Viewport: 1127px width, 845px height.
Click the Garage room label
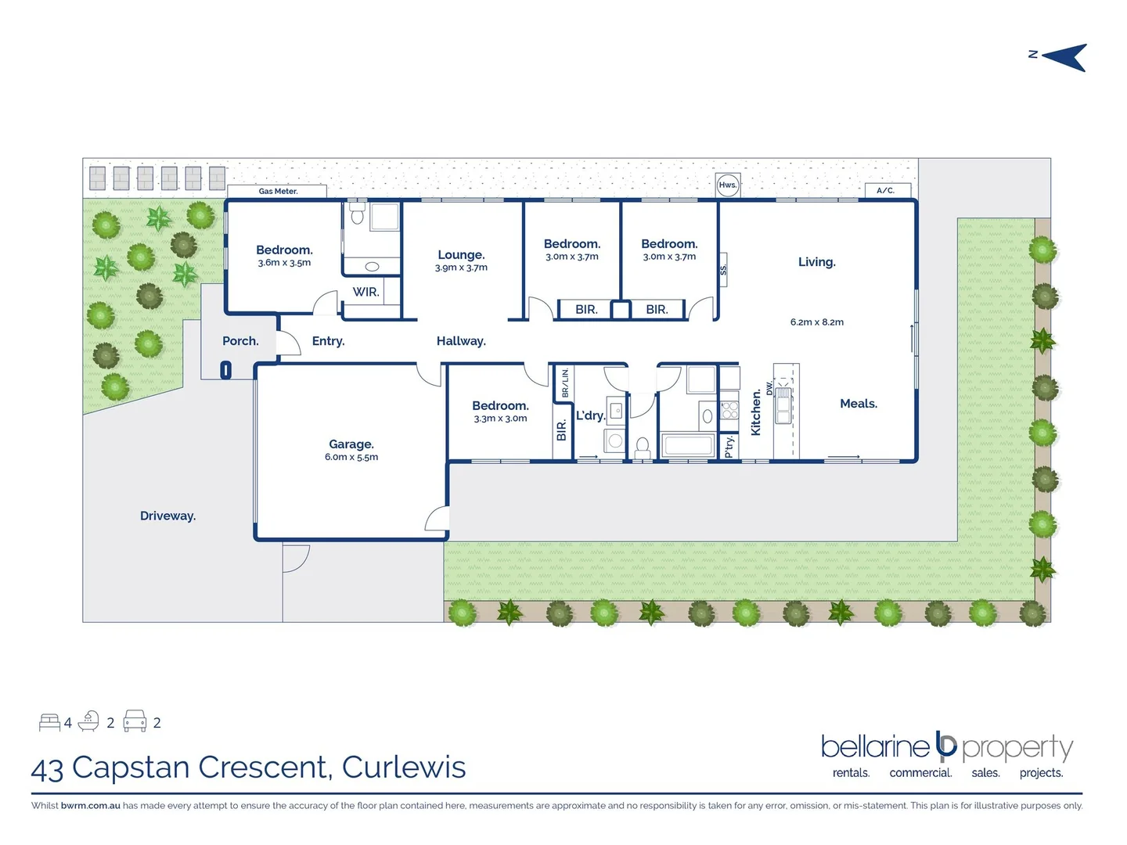coord(351,444)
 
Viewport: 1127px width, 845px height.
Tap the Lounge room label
coord(461,255)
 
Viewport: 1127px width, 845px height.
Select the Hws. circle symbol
coord(728,185)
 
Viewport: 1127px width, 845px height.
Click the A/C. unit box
coord(887,190)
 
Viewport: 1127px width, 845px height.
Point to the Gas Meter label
coord(278,191)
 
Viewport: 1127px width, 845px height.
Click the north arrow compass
coord(1064,57)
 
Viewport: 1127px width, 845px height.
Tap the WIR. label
coord(365,292)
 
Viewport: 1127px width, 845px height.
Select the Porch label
coord(240,341)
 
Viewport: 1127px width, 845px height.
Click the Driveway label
coord(167,516)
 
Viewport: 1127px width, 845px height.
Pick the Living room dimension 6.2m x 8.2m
coord(816,322)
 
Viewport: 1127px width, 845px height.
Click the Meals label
coord(859,404)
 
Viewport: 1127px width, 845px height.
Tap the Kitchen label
coord(756,412)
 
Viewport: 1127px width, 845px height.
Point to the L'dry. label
coord(591,415)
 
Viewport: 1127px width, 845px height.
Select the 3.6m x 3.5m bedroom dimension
coord(284,263)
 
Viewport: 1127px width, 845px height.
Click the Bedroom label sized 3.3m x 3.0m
coord(500,405)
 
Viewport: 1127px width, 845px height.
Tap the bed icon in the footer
coord(49,722)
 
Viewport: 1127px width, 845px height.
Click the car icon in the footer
coord(135,721)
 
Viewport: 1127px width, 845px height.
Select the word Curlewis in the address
coord(404,768)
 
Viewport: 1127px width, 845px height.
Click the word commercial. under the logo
coord(920,773)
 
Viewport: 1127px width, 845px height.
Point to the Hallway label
coord(461,341)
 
